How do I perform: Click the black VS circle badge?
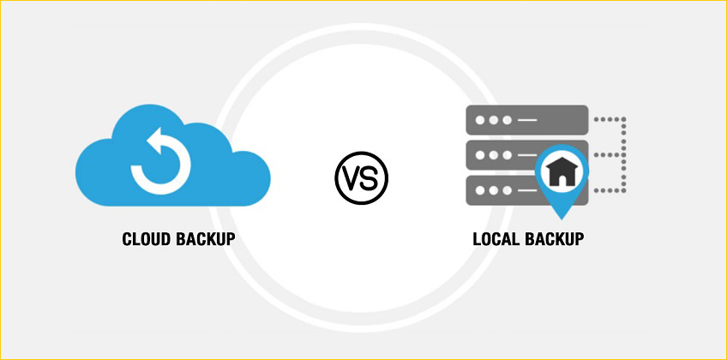pos(361,177)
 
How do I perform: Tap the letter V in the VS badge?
pos(352,177)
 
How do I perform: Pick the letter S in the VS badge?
pos(370,177)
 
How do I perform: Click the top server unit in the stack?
pos(525,119)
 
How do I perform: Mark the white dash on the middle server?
pos(525,155)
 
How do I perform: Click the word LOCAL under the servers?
pos(497,238)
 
